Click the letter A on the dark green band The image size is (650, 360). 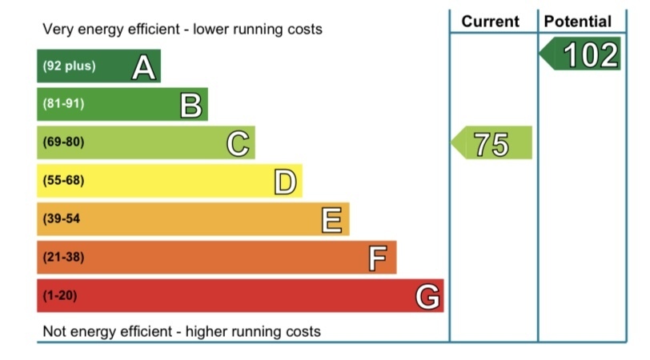pos(143,67)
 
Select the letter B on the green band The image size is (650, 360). pos(191,105)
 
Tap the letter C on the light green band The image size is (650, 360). pos(238,143)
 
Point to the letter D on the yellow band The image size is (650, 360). pos(285,182)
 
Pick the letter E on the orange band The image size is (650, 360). pos(332,219)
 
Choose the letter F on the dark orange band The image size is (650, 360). pos(378,258)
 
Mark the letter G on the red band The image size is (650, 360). pos(427,297)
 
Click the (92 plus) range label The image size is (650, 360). pos(69,66)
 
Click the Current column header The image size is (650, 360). pos(491,22)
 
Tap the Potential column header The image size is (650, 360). pos(577,22)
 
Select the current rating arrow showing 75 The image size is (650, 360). pos(492,143)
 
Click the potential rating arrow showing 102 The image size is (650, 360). pos(581,55)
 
